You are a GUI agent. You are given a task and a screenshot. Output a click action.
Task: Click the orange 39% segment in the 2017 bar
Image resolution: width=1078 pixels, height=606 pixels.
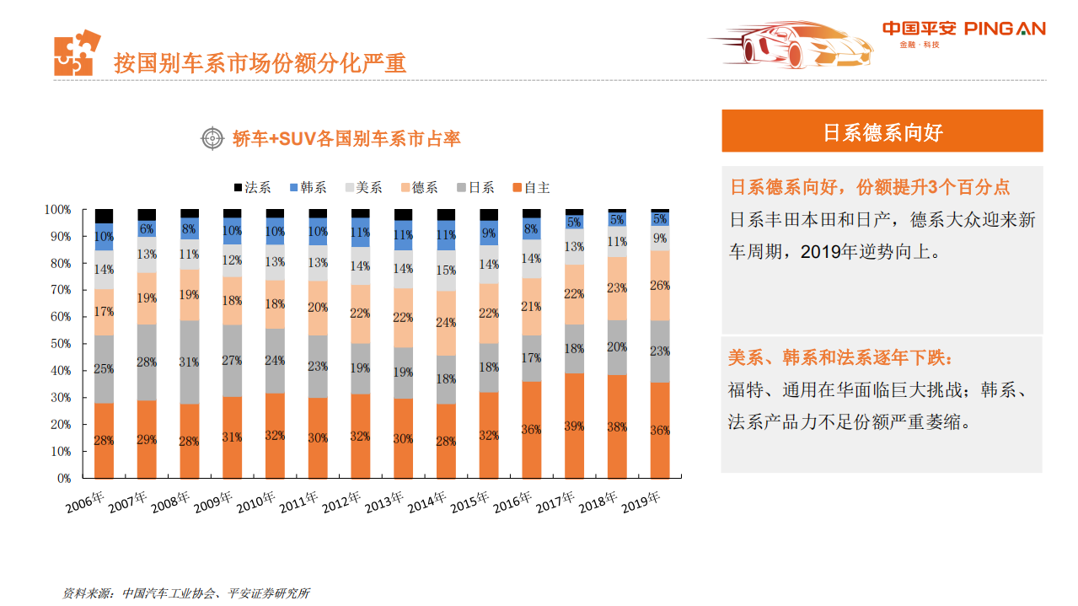[574, 426]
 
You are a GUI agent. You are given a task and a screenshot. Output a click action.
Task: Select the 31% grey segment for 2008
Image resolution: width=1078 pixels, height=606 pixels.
[190, 362]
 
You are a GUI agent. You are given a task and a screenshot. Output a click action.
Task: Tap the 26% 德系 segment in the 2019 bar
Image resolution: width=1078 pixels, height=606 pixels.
[660, 286]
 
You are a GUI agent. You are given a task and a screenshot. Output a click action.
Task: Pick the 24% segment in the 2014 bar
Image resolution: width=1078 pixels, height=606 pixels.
[446, 323]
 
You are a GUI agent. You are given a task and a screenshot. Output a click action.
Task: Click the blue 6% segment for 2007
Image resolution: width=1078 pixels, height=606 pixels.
[147, 229]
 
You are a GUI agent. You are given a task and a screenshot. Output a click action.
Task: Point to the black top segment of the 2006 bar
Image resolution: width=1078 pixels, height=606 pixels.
[104, 216]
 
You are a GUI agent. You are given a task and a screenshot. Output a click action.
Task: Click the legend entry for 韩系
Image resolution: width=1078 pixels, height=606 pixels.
[308, 187]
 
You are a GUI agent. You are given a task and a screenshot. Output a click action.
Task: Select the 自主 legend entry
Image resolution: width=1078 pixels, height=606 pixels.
[530, 187]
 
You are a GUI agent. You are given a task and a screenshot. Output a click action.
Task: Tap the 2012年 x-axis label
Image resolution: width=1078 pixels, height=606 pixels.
[342, 503]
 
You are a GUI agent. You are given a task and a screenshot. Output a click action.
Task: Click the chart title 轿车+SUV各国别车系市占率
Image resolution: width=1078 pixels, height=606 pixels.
[346, 139]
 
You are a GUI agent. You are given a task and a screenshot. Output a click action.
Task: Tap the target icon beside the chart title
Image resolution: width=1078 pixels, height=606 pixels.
[212, 138]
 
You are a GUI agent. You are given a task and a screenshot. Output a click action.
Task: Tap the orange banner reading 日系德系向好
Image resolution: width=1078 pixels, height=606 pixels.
[882, 131]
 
